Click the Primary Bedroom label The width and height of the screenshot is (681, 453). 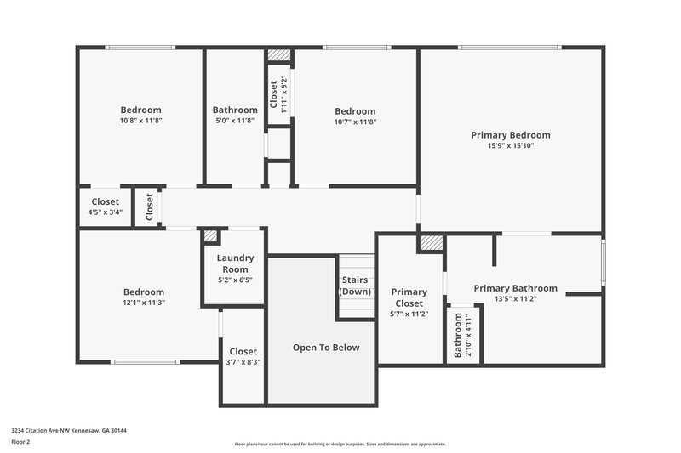pyautogui.click(x=511, y=134)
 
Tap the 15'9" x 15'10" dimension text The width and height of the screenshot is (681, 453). pyautogui.click(x=511, y=145)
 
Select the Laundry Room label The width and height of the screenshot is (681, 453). pyautogui.click(x=235, y=263)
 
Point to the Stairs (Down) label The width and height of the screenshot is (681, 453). pyautogui.click(x=355, y=286)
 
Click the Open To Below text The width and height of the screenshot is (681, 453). pyautogui.click(x=326, y=347)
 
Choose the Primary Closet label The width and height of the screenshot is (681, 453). pyautogui.click(x=409, y=297)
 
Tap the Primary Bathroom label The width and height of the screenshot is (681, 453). pyautogui.click(x=515, y=288)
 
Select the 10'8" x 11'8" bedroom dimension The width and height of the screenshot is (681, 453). pyautogui.click(x=140, y=121)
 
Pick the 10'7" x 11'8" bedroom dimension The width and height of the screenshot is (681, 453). pyautogui.click(x=355, y=121)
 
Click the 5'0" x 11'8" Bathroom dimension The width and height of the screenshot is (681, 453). pyautogui.click(x=235, y=121)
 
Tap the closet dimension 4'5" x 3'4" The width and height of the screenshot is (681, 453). pyautogui.click(x=106, y=212)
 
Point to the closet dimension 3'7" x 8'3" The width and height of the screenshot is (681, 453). pyautogui.click(x=243, y=361)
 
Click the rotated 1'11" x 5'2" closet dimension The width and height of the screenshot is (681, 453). pyautogui.click(x=284, y=97)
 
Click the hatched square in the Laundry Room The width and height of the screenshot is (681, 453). pyautogui.click(x=210, y=236)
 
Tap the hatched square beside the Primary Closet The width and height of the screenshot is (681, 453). pyautogui.click(x=431, y=243)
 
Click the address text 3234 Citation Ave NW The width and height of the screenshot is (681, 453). pyautogui.click(x=69, y=430)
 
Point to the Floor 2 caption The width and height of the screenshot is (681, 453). pyautogui.click(x=20, y=442)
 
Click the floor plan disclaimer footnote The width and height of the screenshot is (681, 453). pyautogui.click(x=340, y=444)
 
